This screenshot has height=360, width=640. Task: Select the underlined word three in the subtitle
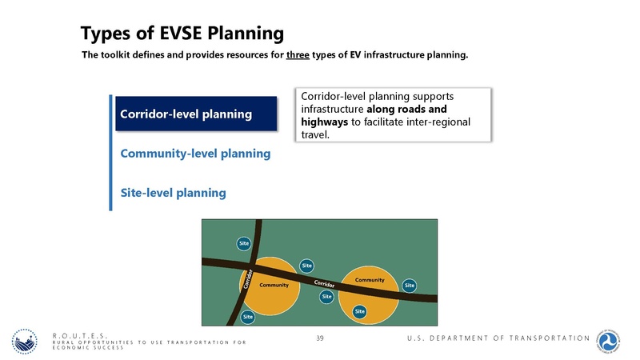click(298, 56)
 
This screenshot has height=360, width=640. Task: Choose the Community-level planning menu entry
click(195, 153)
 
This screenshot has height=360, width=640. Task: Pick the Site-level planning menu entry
click(173, 193)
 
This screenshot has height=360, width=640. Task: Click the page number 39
click(320, 339)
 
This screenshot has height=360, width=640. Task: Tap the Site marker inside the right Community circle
click(360, 310)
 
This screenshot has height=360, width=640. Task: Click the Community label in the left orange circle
click(274, 285)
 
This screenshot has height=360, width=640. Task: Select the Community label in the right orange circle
click(370, 280)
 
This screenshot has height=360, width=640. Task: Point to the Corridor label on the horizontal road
click(323, 284)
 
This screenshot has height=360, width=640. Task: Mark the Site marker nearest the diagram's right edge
click(409, 285)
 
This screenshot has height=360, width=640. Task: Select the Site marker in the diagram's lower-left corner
click(248, 317)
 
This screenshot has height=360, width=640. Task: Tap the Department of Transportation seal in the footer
click(614, 339)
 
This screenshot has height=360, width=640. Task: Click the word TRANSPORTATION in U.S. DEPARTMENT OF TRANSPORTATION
click(541, 339)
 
